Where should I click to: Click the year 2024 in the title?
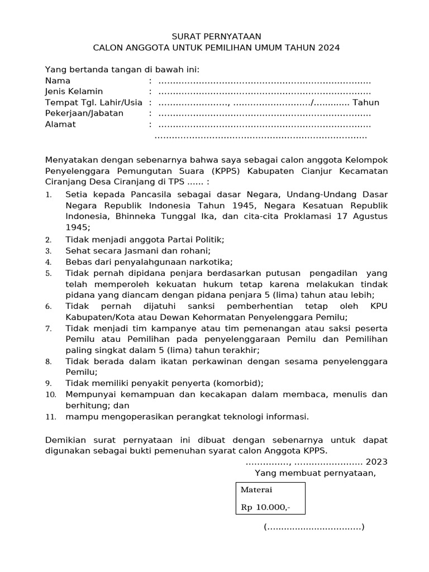pos(328,48)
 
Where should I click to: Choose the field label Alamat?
pos(60,124)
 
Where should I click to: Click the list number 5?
pos(49,274)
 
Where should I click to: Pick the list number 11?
pos(50,417)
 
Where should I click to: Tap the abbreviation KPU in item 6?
pos(378,306)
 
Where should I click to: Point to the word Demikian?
pos(66,440)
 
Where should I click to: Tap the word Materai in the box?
pos(256,490)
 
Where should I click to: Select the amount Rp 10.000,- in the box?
pos(265,508)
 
